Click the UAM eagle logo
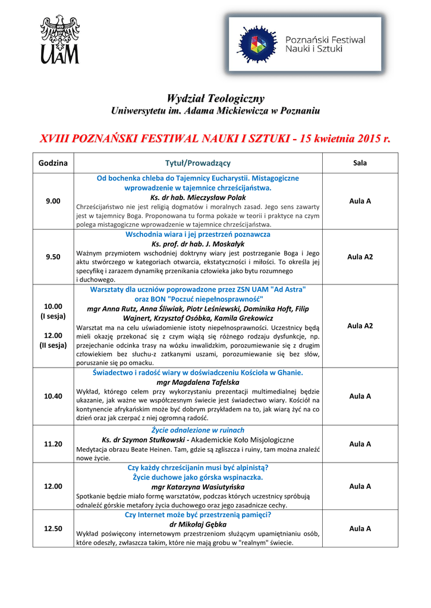coord(59,39)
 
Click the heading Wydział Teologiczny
coord(215,98)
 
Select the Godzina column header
coord(53,163)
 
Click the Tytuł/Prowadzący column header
coord(198,163)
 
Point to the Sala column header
coord(360,163)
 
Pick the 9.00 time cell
coord(53,201)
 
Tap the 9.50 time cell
coord(53,257)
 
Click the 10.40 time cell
coord(53,396)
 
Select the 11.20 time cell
coord(53,444)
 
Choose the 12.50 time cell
coord(53,528)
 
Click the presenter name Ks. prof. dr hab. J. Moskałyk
coord(198,244)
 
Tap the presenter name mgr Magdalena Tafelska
coord(198,382)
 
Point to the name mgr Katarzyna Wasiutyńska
coord(198,487)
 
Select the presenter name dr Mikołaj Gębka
coord(198,525)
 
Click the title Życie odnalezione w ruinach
coord(198,430)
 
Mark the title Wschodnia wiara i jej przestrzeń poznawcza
coord(198,235)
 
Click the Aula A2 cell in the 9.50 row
coord(360,257)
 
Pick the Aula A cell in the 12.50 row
coord(360,528)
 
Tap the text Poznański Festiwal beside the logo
coord(325,40)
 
